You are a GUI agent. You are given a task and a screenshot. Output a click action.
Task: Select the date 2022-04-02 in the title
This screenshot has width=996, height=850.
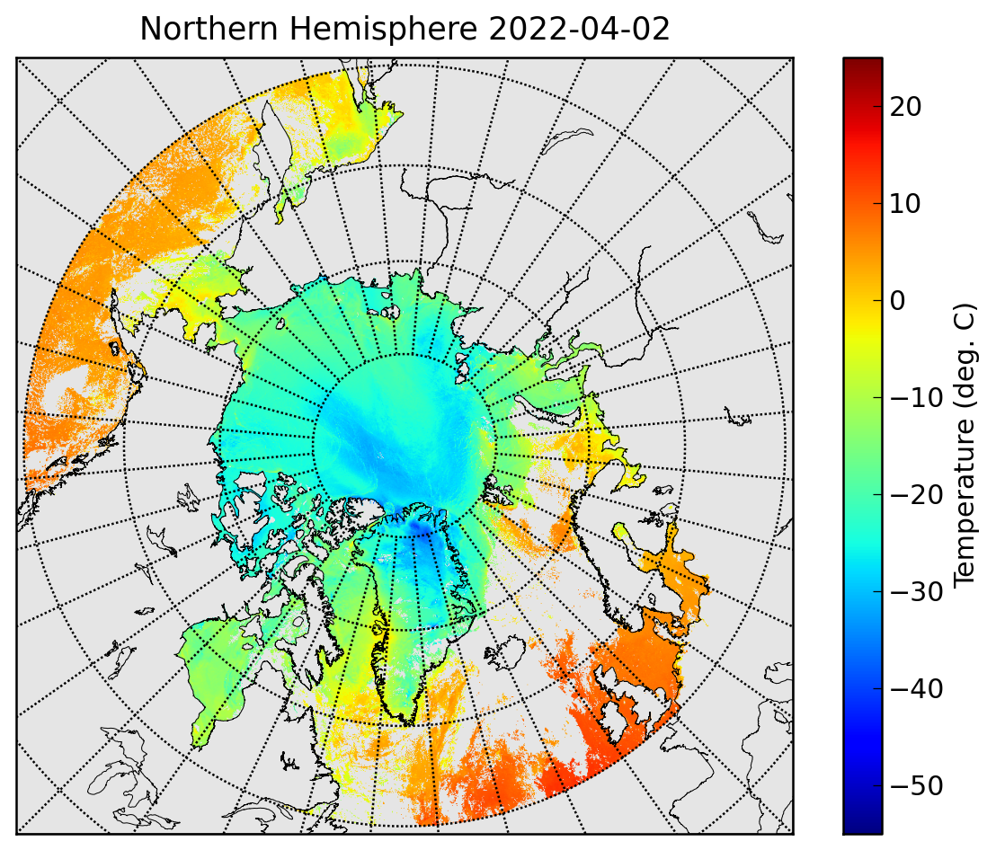[579, 29]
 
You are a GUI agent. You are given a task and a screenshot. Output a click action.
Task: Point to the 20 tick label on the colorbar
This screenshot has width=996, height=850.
[905, 107]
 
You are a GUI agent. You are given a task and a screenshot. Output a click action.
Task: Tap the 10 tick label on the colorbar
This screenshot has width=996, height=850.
[905, 204]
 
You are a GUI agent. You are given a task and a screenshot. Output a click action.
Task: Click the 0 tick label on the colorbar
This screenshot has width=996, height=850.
[897, 301]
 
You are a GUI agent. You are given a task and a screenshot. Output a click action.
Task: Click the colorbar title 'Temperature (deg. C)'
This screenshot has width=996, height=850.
[965, 445]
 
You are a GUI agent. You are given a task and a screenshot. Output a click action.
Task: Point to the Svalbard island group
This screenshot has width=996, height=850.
[499, 491]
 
